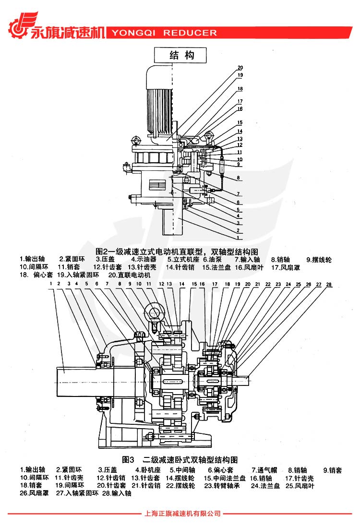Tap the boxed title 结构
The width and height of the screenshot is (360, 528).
pos(180,55)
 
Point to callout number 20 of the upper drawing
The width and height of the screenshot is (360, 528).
pos(240,67)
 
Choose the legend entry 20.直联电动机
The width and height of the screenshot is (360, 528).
pos(129,276)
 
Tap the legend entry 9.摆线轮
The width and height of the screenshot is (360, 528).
pos(319,260)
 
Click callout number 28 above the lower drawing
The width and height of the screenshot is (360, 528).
pos(328,285)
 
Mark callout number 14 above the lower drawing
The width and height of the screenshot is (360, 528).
pos(182,285)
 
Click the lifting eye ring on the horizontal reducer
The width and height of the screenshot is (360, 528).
pos(156,312)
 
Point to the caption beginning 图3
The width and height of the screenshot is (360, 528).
pos(180,459)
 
